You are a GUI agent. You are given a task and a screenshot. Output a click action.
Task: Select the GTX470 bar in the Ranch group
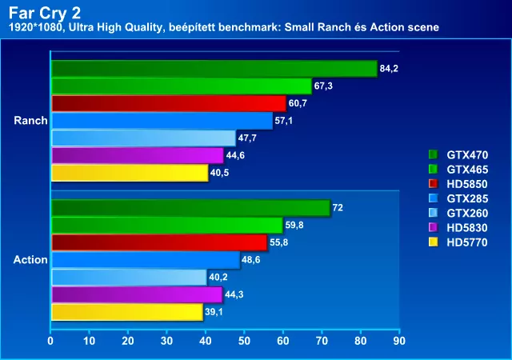213,69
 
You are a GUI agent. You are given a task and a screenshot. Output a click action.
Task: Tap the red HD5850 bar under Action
158,242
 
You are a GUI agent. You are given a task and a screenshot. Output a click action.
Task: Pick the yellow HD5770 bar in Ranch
129,173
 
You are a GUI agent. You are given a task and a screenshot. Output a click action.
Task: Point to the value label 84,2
389,69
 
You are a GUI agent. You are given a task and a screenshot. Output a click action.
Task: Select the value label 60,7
298,103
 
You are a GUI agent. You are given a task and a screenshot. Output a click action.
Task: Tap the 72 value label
338,208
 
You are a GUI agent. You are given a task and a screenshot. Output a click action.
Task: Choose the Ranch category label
30,121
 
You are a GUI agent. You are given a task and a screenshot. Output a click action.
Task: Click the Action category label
30,260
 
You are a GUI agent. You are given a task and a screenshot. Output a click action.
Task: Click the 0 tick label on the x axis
50,341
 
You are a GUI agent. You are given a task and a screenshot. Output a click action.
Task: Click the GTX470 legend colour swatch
434,154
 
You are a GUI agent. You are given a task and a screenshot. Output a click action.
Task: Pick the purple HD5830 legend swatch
434,226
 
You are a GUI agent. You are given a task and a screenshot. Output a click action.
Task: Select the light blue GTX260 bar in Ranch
142,138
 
